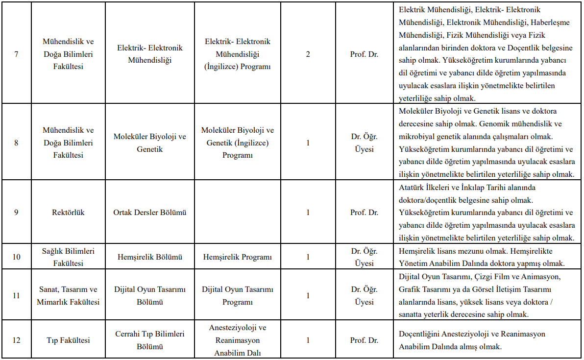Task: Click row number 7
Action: [x=16, y=54]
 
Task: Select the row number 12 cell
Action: [x=16, y=340]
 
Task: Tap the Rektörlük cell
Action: [x=68, y=213]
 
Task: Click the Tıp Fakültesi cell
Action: [x=68, y=340]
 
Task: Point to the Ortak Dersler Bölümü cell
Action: [x=149, y=213]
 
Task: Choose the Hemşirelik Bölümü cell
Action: [x=149, y=257]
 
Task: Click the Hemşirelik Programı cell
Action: [x=238, y=257]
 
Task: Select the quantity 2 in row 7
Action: [x=308, y=54]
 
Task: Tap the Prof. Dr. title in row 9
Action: [x=364, y=213]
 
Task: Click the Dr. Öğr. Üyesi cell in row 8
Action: [x=364, y=143]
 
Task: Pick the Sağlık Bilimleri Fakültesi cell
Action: [x=68, y=257]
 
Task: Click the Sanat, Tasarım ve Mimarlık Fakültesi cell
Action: [x=68, y=296]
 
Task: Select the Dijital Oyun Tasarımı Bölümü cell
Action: [x=149, y=296]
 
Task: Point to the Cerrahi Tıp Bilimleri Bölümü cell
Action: [x=149, y=340]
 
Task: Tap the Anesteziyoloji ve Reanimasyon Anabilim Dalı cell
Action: [x=238, y=340]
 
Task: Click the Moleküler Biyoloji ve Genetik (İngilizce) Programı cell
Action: [x=238, y=143]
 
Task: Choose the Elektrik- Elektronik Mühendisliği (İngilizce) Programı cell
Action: [x=238, y=54]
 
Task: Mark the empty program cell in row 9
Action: [x=238, y=213]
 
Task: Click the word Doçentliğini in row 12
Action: [x=419, y=334]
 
